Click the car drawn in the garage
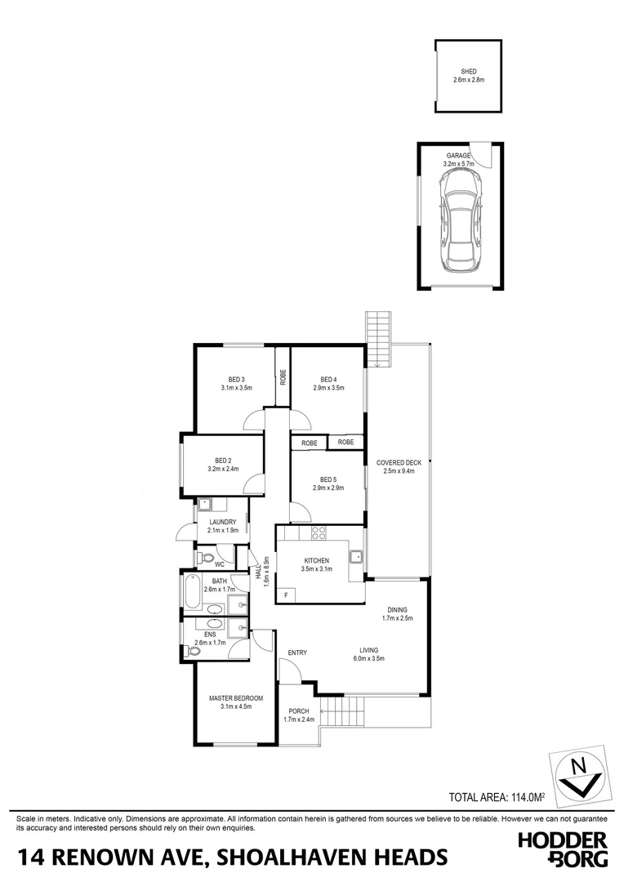point(461,226)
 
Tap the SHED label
point(468,72)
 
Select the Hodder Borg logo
point(564,849)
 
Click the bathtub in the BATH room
point(193,593)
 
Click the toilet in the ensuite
point(194,650)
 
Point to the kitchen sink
point(356,558)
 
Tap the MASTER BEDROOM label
point(235,698)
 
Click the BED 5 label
point(328,479)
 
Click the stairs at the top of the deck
point(379,337)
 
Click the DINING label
point(398,609)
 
